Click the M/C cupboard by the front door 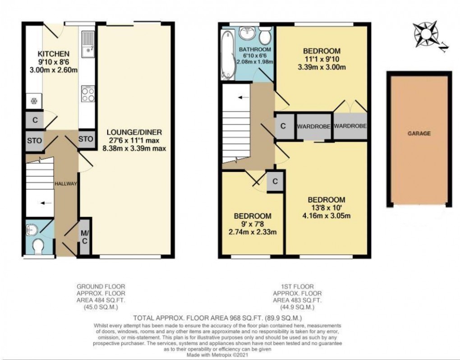point(85,237)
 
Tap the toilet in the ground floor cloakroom point(38,246)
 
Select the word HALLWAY point(66,184)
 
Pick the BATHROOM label point(255,49)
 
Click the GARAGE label point(419,134)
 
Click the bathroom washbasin point(247,32)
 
